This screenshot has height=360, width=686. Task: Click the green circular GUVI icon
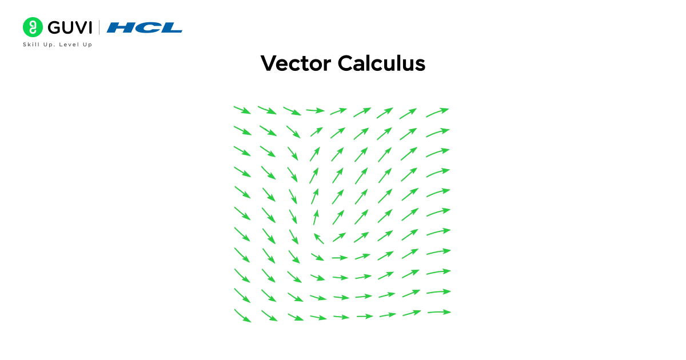click(33, 27)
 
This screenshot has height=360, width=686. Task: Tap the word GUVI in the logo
click(69, 27)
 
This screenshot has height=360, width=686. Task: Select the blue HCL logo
click(145, 27)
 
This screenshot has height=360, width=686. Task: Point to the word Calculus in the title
click(381, 63)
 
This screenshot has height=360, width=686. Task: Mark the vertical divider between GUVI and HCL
click(99, 27)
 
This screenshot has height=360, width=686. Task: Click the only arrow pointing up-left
click(318, 238)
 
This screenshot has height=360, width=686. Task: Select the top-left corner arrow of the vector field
click(242, 110)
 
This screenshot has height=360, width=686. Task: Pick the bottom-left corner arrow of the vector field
click(242, 315)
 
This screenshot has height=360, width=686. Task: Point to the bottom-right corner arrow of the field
click(439, 312)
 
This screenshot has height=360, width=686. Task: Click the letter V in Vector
click(268, 63)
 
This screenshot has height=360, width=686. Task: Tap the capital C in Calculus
click(345, 63)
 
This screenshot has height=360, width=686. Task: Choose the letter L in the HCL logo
click(171, 27)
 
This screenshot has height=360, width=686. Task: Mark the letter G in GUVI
click(54, 27)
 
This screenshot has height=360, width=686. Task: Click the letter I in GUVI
click(90, 27)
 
